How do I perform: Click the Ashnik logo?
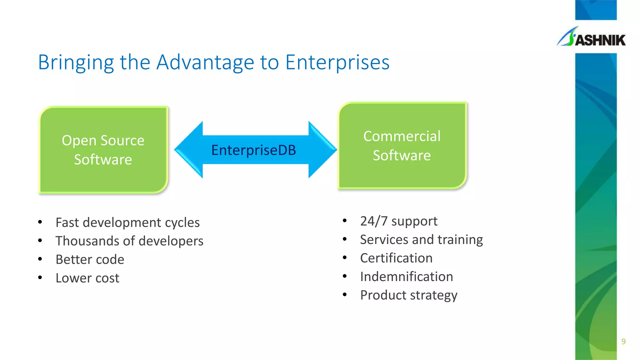click(591, 37)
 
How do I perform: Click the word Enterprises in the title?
click(337, 62)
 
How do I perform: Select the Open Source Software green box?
click(103, 150)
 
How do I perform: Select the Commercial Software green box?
click(402, 146)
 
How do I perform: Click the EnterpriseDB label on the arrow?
click(253, 150)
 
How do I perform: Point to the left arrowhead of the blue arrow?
click(187, 150)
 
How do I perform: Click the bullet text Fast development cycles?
click(127, 222)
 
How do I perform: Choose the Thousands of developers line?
click(129, 241)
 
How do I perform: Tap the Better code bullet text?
click(90, 259)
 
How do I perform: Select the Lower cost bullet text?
click(87, 278)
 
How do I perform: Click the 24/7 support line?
click(399, 221)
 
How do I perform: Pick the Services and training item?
click(421, 240)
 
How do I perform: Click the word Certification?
click(396, 258)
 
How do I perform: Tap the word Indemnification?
click(407, 277)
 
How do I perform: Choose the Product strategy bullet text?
click(409, 295)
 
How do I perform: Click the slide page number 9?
click(623, 342)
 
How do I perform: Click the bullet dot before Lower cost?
click(40, 277)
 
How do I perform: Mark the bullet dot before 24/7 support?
click(345, 221)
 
